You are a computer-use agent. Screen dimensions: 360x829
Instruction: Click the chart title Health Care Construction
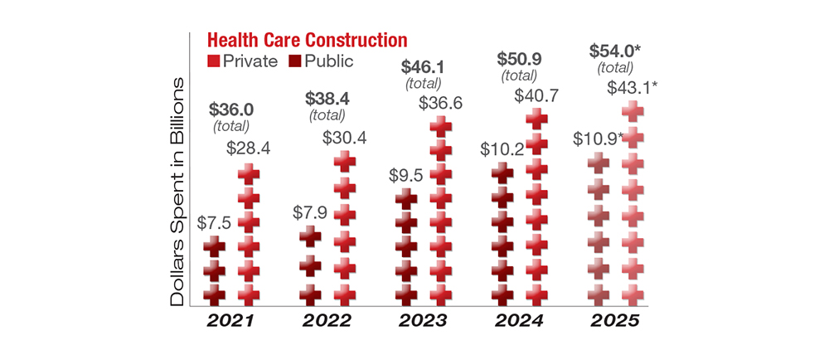pyautogui.click(x=307, y=40)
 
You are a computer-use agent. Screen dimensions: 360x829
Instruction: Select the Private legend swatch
pyautogui.click(x=213, y=61)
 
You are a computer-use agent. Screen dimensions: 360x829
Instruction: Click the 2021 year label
pyautogui.click(x=231, y=321)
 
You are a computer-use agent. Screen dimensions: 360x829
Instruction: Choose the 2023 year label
pyautogui.click(x=424, y=321)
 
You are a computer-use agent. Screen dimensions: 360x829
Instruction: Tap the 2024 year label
pyautogui.click(x=520, y=321)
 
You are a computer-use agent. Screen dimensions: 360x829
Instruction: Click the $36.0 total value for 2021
pyautogui.click(x=231, y=109)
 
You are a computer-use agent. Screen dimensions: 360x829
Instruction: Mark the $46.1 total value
pyautogui.click(x=423, y=66)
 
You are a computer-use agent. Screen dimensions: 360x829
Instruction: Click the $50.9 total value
pyautogui.click(x=519, y=59)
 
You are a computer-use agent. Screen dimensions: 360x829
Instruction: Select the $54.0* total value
pyautogui.click(x=614, y=50)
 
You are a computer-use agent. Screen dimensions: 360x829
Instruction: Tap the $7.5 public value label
pyautogui.click(x=214, y=223)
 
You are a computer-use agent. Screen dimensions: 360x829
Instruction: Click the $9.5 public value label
pyautogui.click(x=406, y=175)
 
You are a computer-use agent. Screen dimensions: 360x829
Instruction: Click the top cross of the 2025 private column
pyautogui.click(x=633, y=112)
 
